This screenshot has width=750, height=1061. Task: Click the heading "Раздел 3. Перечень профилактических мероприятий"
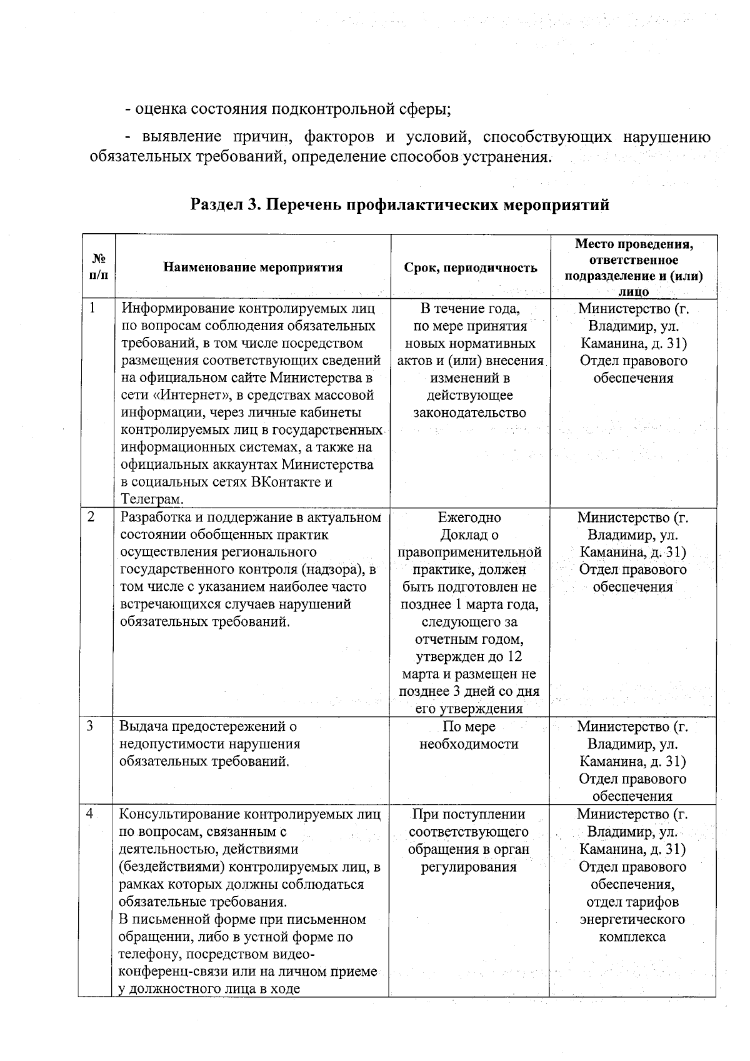(x=400, y=204)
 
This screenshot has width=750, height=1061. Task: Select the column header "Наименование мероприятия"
(x=252, y=268)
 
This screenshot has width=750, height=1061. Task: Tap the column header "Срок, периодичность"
(x=470, y=268)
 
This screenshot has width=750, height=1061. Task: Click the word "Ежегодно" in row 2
(x=469, y=518)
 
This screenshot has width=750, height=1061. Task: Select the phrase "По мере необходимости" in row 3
(x=469, y=735)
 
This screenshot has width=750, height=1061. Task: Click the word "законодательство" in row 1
(x=469, y=413)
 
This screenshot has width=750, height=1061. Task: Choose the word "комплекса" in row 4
(x=632, y=937)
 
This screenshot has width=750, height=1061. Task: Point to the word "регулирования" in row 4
(x=469, y=867)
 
